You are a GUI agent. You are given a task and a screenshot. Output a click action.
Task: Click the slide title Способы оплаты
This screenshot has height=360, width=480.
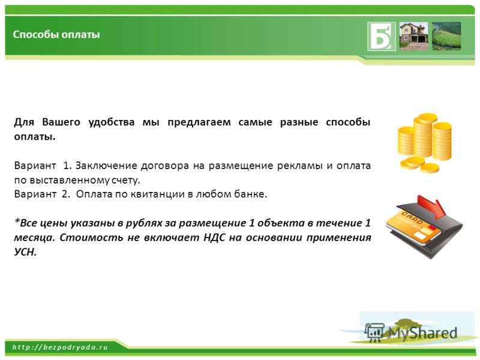pyautogui.click(x=56, y=34)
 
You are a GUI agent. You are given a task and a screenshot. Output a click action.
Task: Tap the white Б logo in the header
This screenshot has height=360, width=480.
pyautogui.click(x=382, y=37)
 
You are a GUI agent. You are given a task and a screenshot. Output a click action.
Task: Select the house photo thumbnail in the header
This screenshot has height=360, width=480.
pyautogui.click(x=413, y=36)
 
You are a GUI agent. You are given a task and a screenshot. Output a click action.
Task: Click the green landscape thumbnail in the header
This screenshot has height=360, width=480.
pyautogui.click(x=446, y=36)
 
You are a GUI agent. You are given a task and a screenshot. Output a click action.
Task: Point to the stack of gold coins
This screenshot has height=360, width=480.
pyautogui.click(x=424, y=142)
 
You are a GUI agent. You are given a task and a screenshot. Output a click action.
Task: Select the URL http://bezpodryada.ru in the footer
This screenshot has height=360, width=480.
pyautogui.click(x=60, y=347)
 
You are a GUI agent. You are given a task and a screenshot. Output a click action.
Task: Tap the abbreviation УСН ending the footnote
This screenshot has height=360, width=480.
pyautogui.click(x=25, y=252)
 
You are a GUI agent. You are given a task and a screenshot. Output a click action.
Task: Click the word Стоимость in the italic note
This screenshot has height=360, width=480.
pyautogui.click(x=91, y=238)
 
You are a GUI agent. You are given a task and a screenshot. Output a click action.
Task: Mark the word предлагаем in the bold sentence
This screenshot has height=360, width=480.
pyautogui.click(x=199, y=122)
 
